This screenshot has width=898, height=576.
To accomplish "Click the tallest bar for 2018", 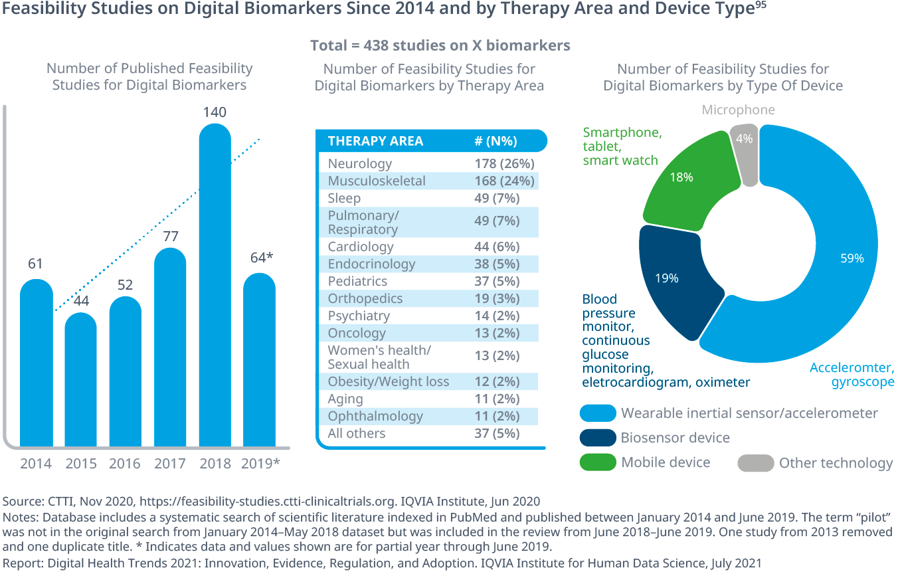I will click(x=215, y=286).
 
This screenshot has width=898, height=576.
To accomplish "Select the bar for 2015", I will click(x=80, y=379).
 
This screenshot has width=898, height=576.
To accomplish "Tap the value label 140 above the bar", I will click(x=215, y=112).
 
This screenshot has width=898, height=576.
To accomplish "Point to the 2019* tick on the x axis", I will click(x=259, y=463).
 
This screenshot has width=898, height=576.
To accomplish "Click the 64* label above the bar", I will click(x=259, y=257).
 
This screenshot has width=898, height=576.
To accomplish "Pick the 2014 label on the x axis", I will click(x=36, y=463).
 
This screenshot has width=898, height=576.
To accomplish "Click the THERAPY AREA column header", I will click(x=375, y=141).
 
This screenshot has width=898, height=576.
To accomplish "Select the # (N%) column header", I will click(x=495, y=141).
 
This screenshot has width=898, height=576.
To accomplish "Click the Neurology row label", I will click(x=360, y=163).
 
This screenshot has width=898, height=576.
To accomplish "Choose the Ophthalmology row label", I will click(x=375, y=416).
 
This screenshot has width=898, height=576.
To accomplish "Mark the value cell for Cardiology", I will click(x=497, y=246).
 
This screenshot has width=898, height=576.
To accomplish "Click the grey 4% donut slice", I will click(x=745, y=155).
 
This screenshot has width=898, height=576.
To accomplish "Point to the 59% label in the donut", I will click(x=852, y=258).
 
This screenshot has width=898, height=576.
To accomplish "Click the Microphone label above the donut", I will click(x=738, y=110).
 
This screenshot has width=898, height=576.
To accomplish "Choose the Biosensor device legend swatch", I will click(x=597, y=438).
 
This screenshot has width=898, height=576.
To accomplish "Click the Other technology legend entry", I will click(x=836, y=463).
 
